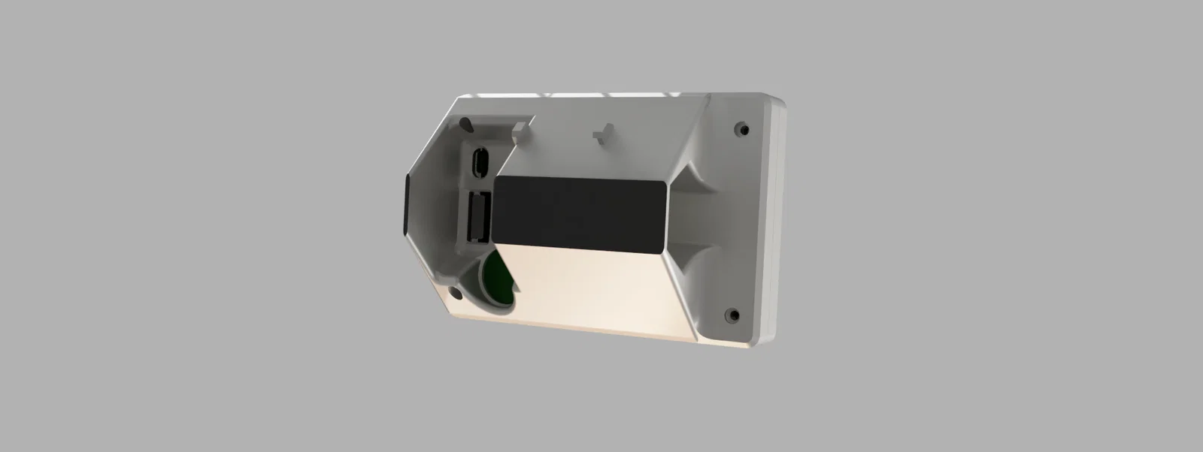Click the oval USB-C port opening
(x=479, y=161)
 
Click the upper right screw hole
(x=743, y=129)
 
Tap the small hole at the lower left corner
(x=456, y=291)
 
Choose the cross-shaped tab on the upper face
(x=599, y=135)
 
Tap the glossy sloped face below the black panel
(x=594, y=289)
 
